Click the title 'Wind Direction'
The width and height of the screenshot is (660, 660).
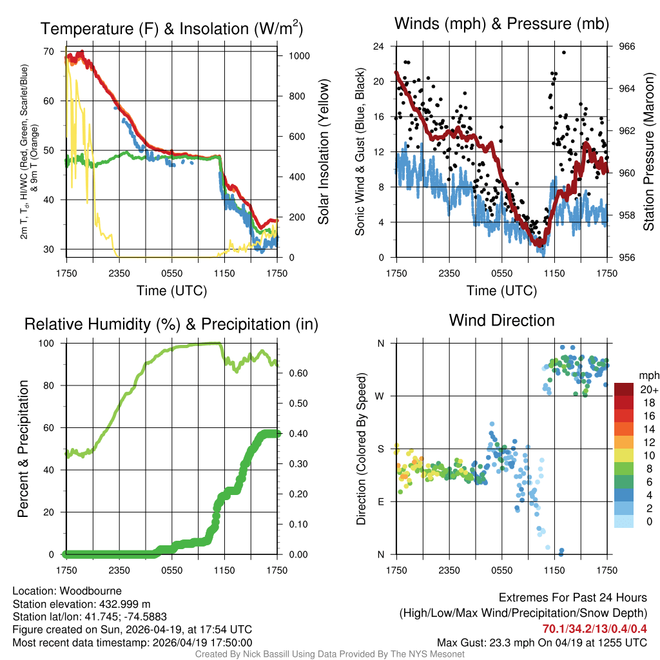501,320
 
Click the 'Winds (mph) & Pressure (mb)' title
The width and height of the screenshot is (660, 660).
501,24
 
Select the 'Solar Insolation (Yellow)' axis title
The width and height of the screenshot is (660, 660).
323,152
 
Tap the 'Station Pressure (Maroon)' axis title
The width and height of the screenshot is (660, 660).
649,152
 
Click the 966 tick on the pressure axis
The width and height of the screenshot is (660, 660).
627,46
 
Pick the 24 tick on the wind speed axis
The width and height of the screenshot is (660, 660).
378,46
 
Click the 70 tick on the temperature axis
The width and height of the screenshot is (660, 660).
48,52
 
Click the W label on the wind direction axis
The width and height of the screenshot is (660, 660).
380,396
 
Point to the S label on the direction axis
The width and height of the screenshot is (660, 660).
381,449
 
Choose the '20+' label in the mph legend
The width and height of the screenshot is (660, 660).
648,389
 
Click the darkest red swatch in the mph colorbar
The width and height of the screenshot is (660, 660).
625,389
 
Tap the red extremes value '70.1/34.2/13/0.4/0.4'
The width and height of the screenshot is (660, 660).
595,628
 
